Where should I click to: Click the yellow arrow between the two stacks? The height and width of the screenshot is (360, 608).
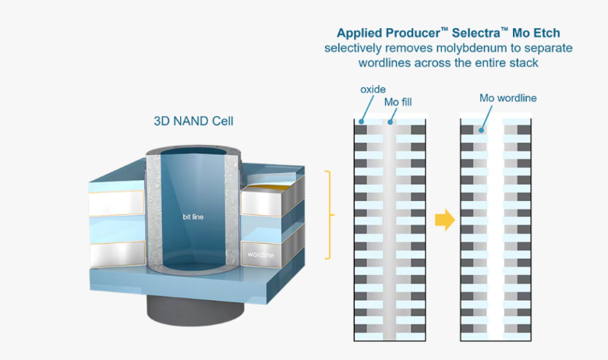[x=445, y=220]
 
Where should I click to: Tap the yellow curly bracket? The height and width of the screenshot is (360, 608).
[x=330, y=214]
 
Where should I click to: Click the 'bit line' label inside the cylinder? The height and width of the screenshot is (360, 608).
[x=193, y=217]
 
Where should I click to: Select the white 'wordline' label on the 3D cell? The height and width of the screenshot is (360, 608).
[x=260, y=255]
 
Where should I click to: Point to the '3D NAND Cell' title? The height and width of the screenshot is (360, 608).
[x=193, y=121]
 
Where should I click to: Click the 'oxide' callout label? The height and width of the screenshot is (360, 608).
[x=373, y=90]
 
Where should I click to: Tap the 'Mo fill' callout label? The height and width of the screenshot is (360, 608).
[x=398, y=102]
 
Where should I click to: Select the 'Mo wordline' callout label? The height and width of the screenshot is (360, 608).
[x=508, y=98]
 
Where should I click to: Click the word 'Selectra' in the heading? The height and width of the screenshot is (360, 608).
[x=476, y=33]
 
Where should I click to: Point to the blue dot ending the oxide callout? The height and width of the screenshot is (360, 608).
[x=362, y=122]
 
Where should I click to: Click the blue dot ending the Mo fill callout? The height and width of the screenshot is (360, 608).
[x=390, y=122]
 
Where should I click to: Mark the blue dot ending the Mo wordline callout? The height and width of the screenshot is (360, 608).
[x=481, y=130]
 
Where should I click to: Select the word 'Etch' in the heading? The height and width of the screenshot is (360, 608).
[x=546, y=33]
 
